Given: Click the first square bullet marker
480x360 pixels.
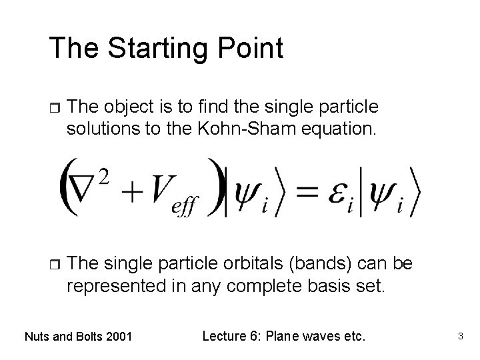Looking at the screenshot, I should point(55,108).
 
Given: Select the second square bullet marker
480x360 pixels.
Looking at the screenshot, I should point(55,265).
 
